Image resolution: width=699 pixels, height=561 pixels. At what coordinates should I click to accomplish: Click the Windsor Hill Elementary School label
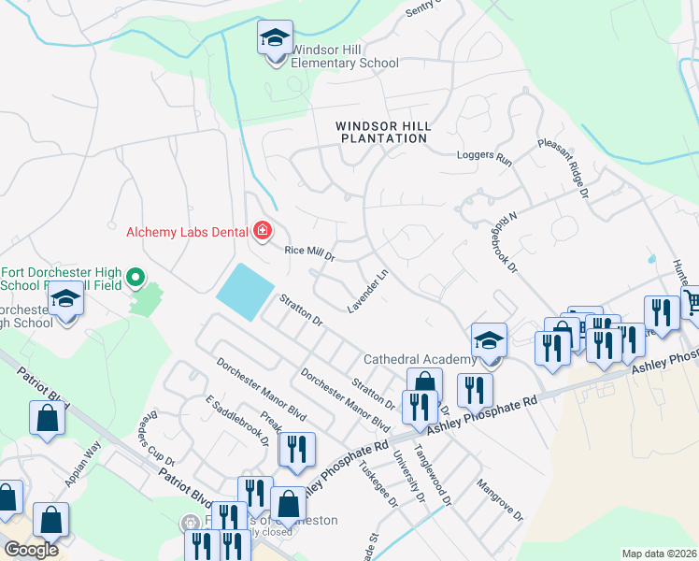[x=344, y=56]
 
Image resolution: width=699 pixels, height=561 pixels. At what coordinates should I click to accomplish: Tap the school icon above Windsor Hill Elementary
[x=275, y=39]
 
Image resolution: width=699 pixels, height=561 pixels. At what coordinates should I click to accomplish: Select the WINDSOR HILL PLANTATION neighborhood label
[x=381, y=131]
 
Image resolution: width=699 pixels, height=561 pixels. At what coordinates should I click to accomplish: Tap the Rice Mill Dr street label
[x=308, y=253]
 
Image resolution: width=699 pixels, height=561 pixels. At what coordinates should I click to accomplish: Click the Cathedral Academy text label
[x=418, y=359]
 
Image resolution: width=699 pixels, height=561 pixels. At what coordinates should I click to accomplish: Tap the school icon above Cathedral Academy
[x=489, y=341]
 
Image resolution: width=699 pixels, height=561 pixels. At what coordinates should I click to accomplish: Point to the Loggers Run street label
[x=484, y=159]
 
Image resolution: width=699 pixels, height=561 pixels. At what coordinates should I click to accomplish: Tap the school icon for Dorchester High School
[x=65, y=300]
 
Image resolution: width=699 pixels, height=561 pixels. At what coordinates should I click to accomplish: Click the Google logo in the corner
[x=31, y=550]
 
